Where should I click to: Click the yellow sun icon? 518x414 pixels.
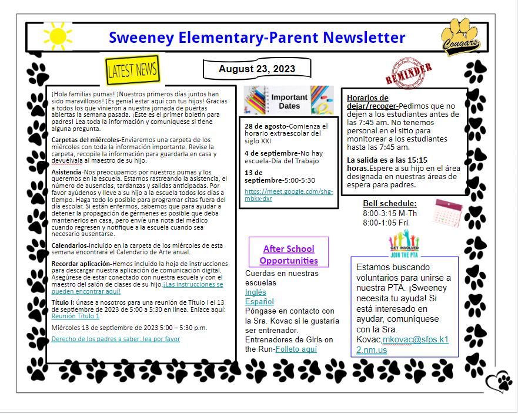click(58, 36)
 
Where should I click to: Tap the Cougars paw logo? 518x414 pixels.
click(461, 36)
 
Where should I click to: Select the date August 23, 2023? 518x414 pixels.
click(257, 69)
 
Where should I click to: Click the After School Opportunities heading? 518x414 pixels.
click(289, 254)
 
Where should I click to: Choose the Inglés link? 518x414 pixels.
click(255, 292)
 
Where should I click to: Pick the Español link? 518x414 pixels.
click(259, 301)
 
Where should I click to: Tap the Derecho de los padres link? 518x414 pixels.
click(116, 339)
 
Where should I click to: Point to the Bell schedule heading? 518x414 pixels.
click(389, 204)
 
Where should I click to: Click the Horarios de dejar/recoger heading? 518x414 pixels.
click(367, 102)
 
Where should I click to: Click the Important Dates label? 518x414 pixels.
click(289, 102)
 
